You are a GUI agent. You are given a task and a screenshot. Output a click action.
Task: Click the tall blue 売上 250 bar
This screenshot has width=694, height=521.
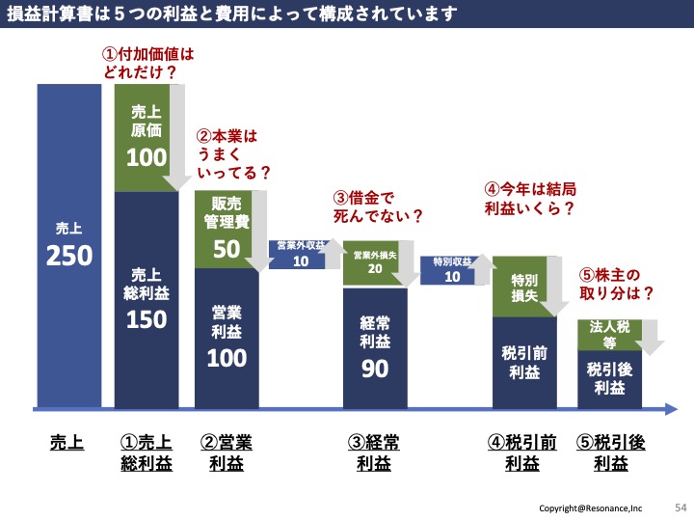68,246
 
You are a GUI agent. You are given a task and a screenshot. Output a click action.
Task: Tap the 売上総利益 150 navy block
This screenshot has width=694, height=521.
147,299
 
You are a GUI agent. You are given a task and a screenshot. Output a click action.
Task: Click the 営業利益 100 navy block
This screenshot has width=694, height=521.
227,338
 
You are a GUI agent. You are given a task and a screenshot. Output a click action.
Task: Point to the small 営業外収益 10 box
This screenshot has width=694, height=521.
299,255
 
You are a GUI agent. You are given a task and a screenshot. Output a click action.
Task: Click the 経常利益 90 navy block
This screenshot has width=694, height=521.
375,347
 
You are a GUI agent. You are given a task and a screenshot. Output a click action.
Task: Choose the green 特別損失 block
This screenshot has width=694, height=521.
521,288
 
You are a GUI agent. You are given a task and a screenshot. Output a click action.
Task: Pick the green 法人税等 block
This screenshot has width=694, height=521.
606,334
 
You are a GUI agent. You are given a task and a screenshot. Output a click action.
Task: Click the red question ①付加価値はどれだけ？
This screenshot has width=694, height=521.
148,64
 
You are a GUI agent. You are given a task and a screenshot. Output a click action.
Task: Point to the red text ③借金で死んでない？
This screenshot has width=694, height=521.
380,206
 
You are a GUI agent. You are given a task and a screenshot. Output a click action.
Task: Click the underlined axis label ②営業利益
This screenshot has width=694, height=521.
227,452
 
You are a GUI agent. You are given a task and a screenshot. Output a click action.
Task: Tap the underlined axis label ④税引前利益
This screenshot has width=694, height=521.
523,452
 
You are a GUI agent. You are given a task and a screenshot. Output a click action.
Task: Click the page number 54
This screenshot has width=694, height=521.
681,506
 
